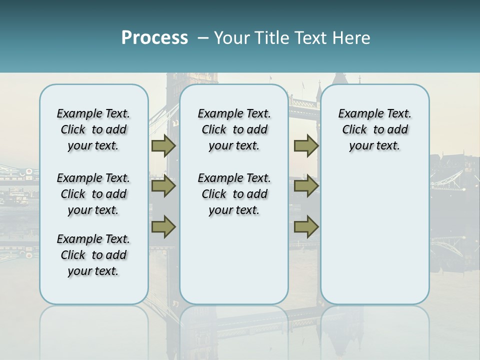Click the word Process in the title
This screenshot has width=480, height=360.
tap(154, 38)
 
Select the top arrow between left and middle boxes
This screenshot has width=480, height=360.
tap(163, 146)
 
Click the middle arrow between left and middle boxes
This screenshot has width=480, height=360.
tap(163, 186)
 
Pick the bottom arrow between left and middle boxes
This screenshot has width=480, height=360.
tap(163, 226)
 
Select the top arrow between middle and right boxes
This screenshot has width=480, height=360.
tap(306, 146)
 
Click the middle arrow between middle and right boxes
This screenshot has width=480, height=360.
tap(306, 186)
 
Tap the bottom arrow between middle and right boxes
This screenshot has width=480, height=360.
tap(306, 226)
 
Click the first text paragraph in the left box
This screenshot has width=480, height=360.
tap(93, 129)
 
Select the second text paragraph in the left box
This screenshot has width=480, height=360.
tap(93, 194)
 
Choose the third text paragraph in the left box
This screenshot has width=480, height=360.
tap(93, 255)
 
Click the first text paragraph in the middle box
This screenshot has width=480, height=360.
tap(234, 129)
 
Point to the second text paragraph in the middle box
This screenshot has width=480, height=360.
tap(234, 194)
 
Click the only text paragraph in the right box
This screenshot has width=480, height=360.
tap(374, 129)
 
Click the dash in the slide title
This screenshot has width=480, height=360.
tap(203, 38)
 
